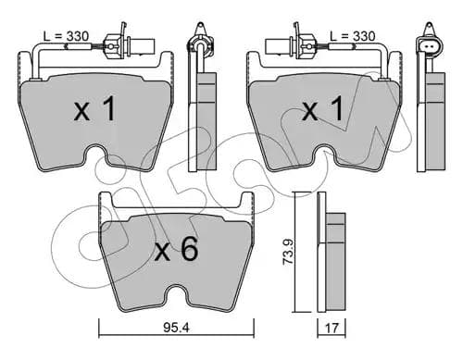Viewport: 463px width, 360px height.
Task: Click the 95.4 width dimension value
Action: tap(176, 328)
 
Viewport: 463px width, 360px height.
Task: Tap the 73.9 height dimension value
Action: tap(289, 252)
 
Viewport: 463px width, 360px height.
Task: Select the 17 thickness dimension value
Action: tap(332, 328)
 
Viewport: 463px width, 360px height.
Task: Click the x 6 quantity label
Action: tap(176, 250)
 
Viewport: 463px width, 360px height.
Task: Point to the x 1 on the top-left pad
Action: tap(94, 108)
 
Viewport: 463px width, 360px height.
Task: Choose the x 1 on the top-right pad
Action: tap(323, 108)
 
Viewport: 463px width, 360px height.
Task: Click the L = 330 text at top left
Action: tap(66, 36)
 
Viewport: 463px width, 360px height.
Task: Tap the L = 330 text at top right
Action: tap(353, 36)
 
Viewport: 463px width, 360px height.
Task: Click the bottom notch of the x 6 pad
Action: tap(177, 295)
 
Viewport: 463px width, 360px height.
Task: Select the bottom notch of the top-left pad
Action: tap(95, 155)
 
